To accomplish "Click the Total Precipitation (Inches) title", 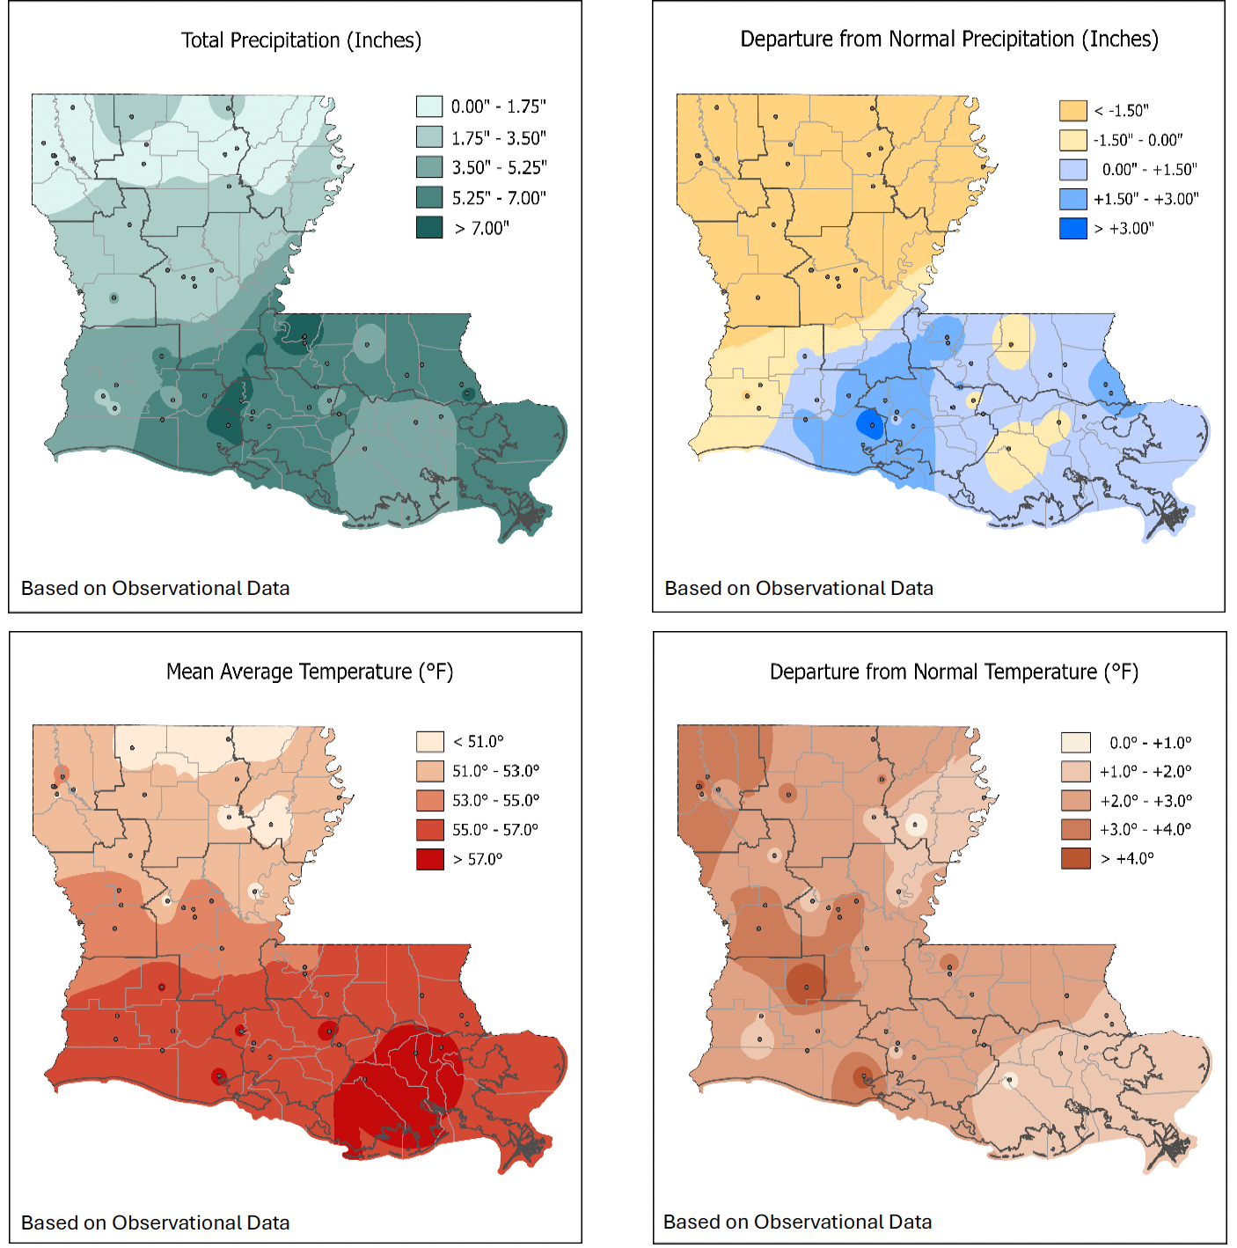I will (301, 40).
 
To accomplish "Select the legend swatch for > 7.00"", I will (429, 227).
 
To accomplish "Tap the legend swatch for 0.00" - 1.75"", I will (429, 106).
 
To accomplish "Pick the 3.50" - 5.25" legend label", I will (499, 167).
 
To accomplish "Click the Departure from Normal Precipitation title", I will (948, 40).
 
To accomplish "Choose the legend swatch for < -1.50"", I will (1072, 110).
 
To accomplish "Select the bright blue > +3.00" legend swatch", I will (1072, 228).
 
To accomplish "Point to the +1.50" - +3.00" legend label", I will (1146, 199).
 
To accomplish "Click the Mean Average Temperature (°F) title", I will (310, 672).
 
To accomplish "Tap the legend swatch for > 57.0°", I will (429, 859).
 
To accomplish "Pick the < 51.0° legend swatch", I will (429, 741).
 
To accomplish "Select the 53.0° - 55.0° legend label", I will (495, 800).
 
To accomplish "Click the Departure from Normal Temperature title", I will (954, 672).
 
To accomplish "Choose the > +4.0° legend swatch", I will (1075, 858).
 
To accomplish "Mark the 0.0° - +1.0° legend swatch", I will (1075, 742).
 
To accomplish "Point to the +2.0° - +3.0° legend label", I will (1146, 800).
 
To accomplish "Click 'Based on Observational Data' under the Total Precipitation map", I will (155, 588).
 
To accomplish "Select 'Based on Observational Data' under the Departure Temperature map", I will (797, 1222).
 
